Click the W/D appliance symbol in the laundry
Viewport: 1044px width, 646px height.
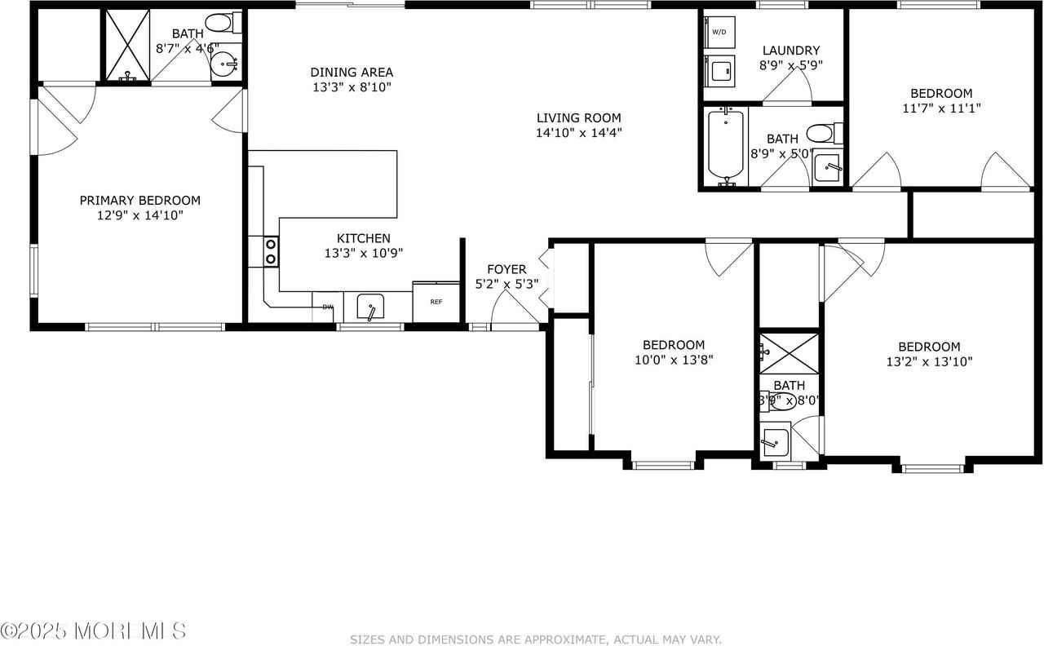(719, 33)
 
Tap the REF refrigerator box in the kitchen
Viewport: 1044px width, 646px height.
(436, 302)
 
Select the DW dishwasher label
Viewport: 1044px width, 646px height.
(327, 307)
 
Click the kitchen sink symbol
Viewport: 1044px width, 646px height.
(372, 308)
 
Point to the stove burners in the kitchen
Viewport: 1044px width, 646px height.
(270, 251)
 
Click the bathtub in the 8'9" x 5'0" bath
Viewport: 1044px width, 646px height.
(726, 144)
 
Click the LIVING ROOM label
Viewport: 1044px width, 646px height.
(578, 117)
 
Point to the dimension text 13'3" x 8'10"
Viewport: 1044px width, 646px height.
(352, 87)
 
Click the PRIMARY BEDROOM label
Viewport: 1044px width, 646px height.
(139, 200)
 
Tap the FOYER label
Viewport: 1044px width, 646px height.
(507, 269)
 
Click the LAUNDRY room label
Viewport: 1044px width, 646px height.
(790, 51)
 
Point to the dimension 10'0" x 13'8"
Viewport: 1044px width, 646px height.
(673, 360)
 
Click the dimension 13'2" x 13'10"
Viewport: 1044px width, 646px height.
(929, 361)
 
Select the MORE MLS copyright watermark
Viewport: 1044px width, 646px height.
(94, 631)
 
